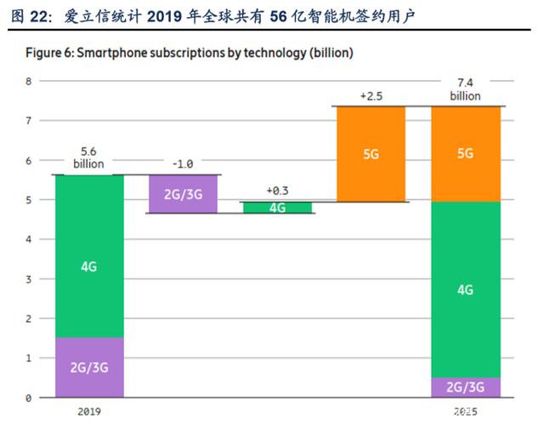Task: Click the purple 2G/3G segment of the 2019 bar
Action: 89,367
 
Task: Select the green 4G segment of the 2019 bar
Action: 89,256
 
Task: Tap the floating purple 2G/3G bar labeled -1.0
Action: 184,194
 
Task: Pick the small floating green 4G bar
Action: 278,208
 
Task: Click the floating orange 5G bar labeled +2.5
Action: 371,154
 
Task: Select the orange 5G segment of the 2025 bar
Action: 466,154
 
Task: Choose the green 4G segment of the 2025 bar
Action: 466,290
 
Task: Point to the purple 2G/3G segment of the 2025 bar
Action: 466,387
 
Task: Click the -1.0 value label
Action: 183,163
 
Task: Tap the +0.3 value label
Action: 278,191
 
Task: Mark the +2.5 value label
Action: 371,96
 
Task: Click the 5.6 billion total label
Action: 88,158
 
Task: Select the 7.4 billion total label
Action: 465,89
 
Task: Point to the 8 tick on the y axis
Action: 28,82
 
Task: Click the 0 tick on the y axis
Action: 28,398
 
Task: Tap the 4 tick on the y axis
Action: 28,239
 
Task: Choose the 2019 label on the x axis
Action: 89,411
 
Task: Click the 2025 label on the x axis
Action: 466,411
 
